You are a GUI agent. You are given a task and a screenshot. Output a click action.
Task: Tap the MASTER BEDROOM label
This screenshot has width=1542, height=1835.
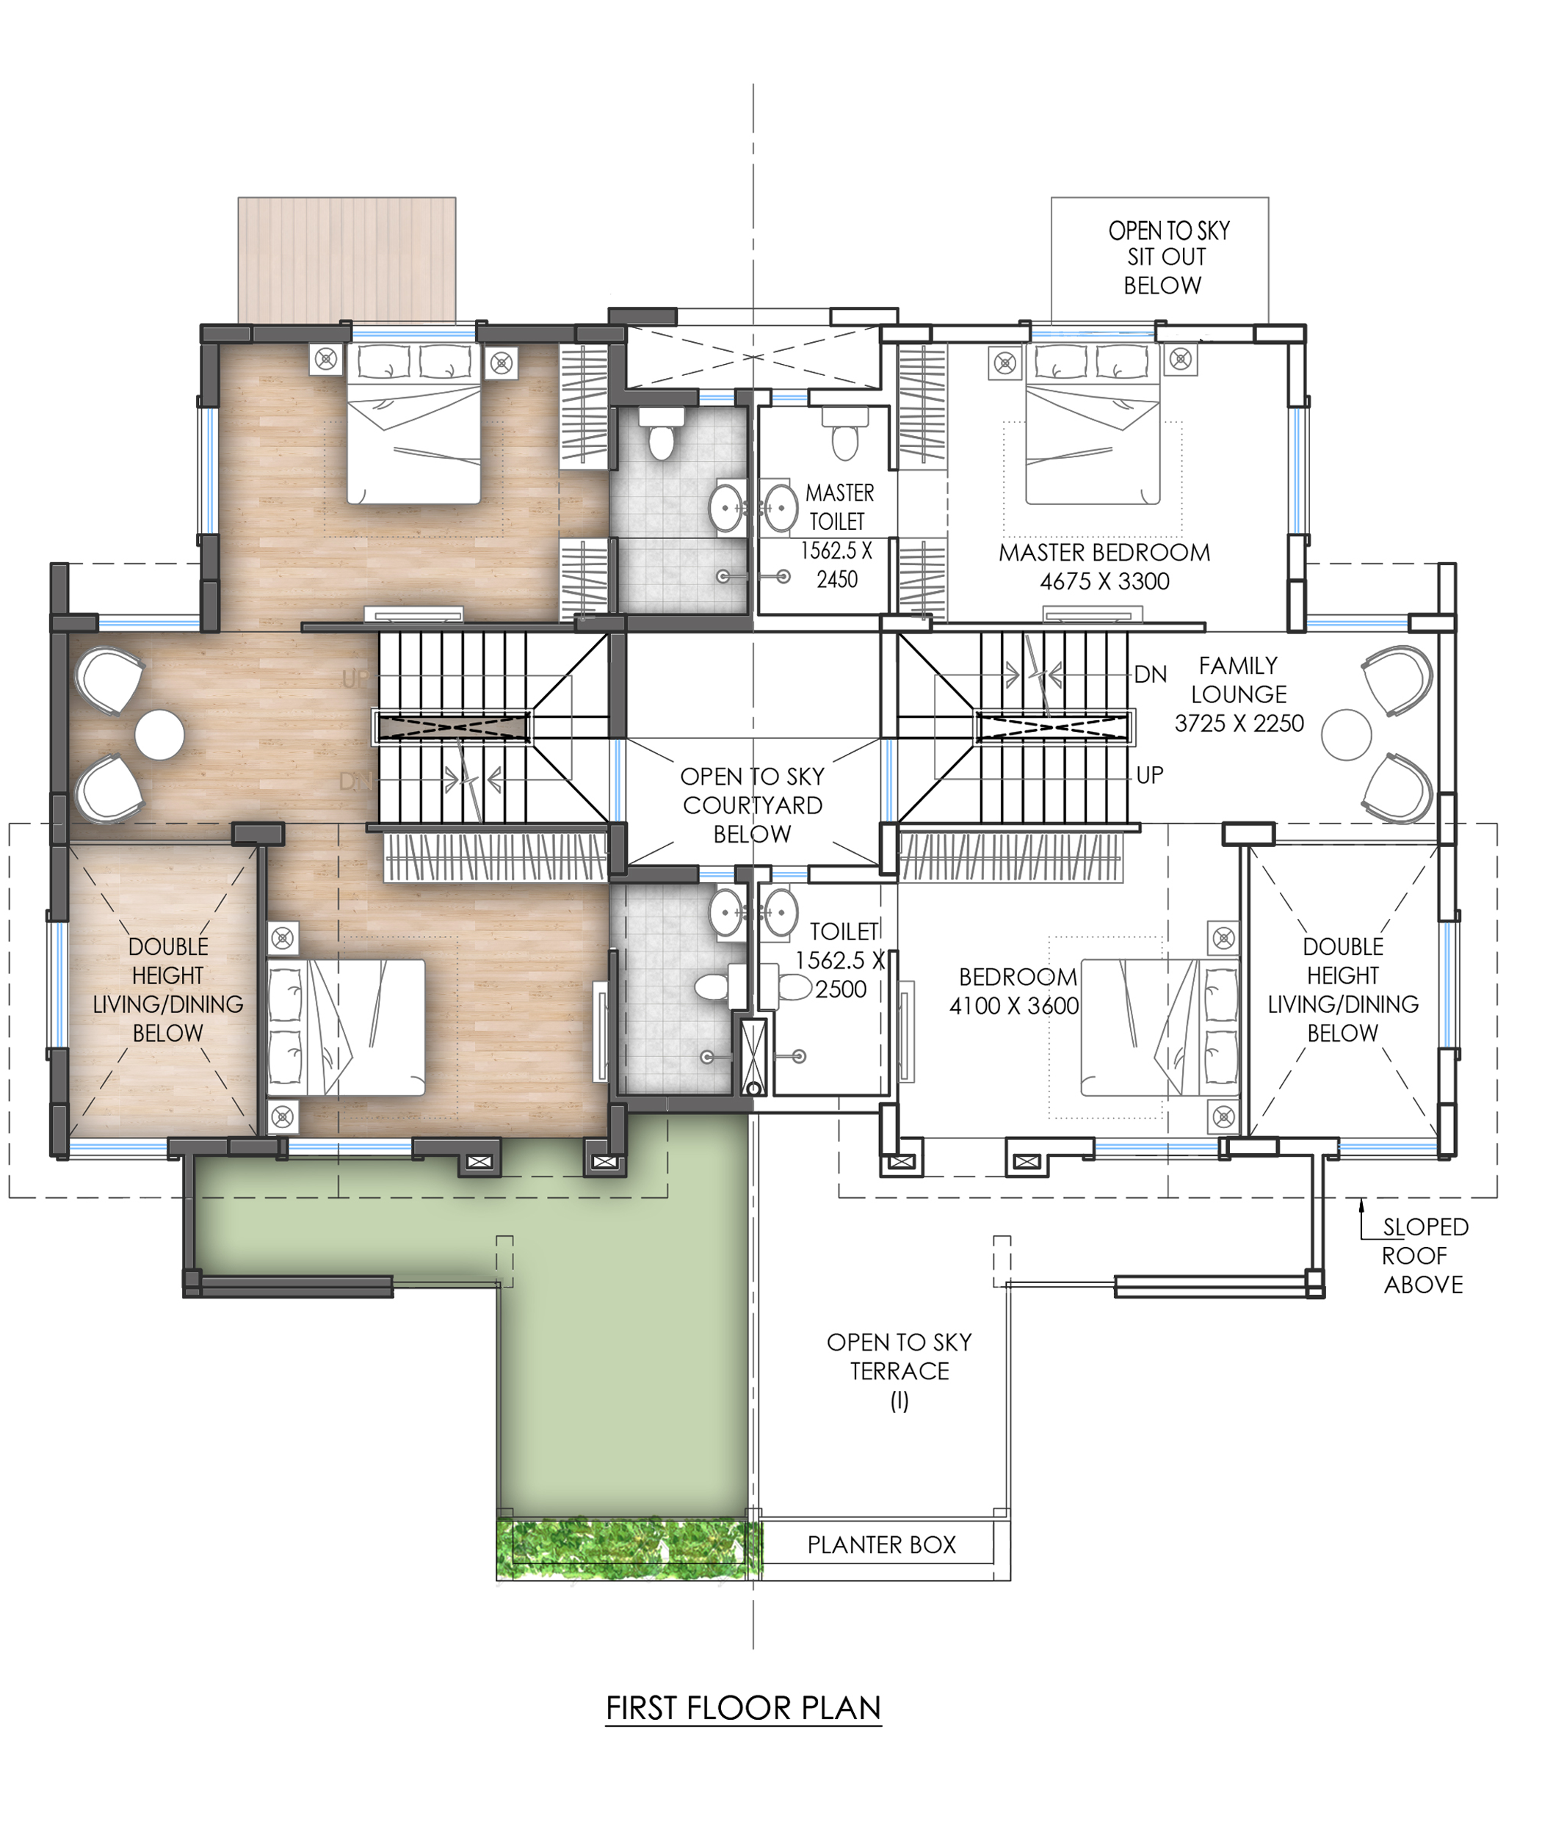coord(1104,552)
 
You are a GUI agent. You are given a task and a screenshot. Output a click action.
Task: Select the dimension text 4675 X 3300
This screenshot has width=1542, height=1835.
coord(1104,581)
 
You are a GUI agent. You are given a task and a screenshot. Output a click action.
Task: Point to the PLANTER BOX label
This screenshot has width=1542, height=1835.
coord(881,1544)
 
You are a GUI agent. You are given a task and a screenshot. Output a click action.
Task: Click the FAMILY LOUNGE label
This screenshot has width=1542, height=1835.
coord(1239,680)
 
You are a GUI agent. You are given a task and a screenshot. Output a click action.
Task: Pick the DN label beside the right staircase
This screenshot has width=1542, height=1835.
coord(1151,674)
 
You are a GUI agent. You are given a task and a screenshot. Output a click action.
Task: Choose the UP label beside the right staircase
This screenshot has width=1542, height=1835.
coord(1149,775)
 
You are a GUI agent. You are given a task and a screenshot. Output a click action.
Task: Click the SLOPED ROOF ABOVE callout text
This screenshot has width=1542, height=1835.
coord(1424,1256)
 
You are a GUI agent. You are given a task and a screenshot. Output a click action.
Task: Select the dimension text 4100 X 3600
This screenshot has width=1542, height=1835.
coord(1014,1006)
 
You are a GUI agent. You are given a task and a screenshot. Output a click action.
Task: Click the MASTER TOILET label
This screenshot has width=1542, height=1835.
coord(839,506)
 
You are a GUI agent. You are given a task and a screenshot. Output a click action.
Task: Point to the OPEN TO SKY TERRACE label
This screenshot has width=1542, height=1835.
coord(899,1370)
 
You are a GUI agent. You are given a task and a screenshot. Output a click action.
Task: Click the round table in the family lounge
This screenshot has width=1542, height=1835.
coord(1347,734)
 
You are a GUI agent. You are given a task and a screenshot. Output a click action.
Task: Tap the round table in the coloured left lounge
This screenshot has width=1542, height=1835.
coord(160,734)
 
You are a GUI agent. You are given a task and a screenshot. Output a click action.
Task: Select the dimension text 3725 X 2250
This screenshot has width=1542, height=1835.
coord(1239,724)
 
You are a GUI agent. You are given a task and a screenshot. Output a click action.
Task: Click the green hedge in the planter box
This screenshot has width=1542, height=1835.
coord(629,1549)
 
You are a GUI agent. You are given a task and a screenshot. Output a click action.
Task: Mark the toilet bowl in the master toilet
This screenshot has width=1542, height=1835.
coord(844,440)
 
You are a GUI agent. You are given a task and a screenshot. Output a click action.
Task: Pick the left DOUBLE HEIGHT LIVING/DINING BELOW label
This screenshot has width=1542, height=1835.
coord(168,989)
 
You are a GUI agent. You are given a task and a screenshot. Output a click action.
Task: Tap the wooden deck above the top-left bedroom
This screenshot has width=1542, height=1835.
coord(347,260)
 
